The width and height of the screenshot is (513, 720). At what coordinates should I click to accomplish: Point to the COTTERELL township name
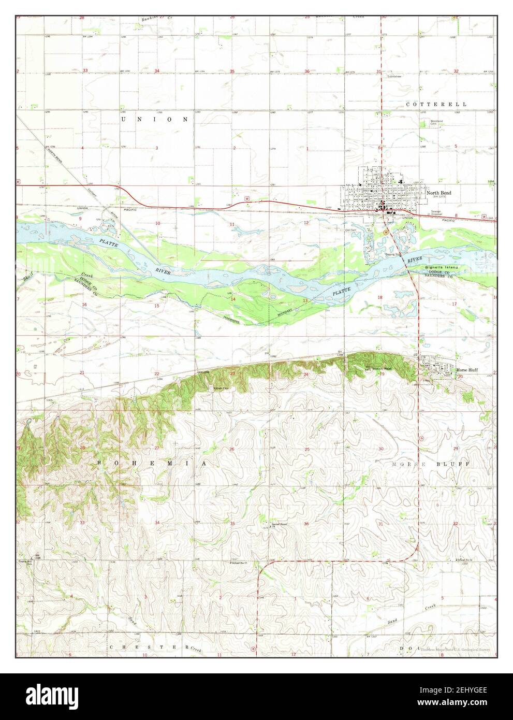(x=436, y=104)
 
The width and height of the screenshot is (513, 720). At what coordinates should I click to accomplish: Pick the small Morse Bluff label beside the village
(x=467, y=370)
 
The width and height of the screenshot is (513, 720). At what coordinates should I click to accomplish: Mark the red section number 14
(x=233, y=299)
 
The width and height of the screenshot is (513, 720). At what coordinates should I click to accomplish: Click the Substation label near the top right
(x=394, y=76)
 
